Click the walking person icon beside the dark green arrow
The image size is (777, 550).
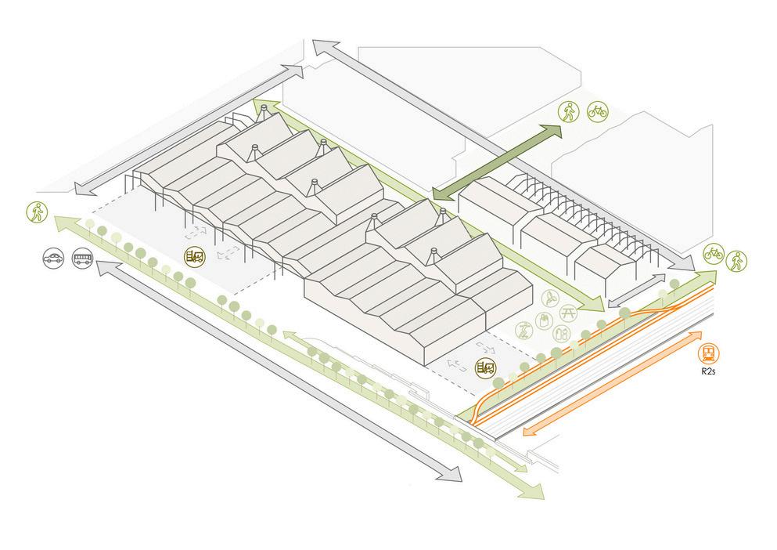[568, 112]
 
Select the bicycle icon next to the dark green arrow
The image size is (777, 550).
[597, 112]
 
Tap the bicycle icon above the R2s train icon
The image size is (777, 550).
[713, 252]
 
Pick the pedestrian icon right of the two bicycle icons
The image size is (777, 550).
[736, 261]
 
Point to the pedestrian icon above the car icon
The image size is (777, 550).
[35, 211]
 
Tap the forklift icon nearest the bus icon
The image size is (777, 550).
[193, 255]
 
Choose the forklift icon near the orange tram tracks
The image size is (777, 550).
[487, 367]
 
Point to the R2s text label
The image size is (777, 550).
[709, 374]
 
